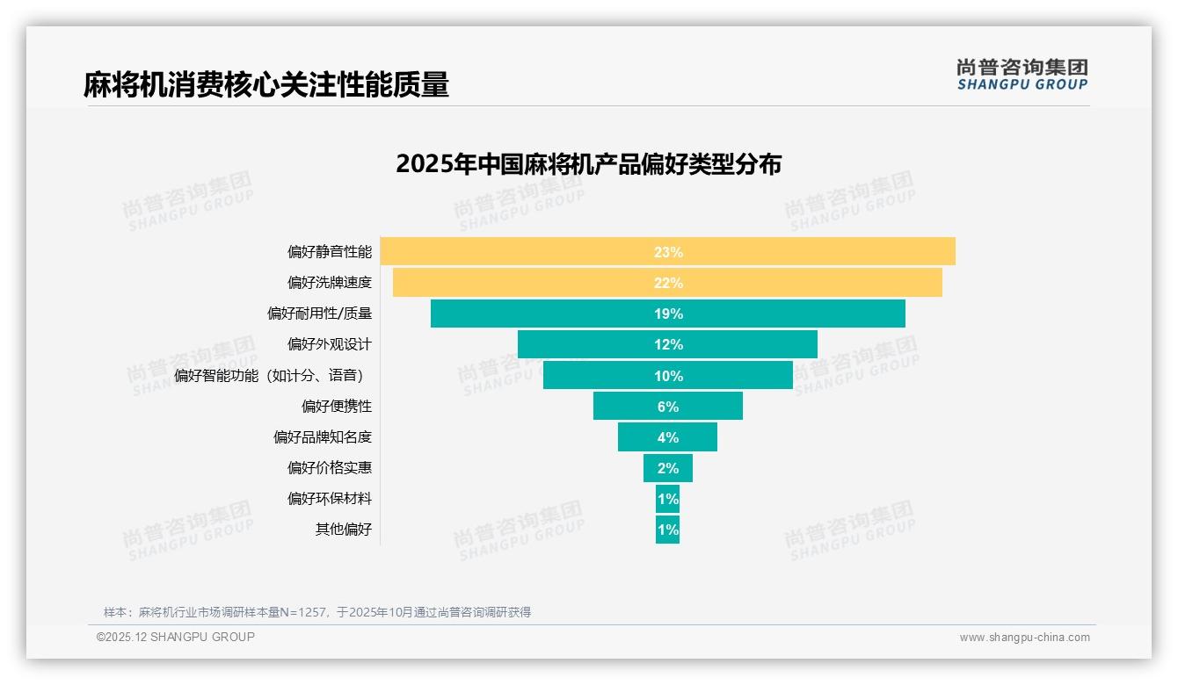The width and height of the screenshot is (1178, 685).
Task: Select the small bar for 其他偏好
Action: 667,530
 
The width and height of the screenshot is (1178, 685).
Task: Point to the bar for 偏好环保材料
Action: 667,499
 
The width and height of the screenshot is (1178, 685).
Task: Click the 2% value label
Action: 667,468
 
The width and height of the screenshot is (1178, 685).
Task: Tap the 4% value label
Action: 667,437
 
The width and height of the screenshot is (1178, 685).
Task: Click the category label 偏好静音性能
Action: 330,252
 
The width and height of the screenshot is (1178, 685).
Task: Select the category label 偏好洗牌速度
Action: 330,283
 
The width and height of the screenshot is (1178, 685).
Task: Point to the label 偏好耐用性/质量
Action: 319,314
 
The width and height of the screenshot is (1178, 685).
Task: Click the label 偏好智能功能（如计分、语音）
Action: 269,376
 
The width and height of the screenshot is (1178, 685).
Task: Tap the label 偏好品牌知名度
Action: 323,437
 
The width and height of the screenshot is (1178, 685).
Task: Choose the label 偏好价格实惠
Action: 330,468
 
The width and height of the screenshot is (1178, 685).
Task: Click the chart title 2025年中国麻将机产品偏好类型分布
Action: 588,164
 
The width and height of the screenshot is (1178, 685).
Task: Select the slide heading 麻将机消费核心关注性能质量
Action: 266,85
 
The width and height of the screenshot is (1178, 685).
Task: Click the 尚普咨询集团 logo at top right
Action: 1022,74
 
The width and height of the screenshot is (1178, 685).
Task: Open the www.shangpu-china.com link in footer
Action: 1024,638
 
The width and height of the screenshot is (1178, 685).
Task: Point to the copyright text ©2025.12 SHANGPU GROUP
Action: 176,637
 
